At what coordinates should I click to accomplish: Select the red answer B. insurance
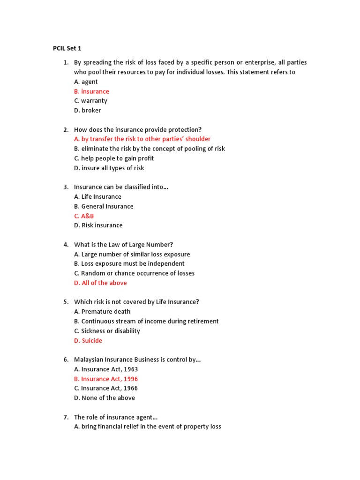click(x=91, y=91)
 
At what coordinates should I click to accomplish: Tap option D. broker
click(x=87, y=111)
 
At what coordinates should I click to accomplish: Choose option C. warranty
click(x=90, y=101)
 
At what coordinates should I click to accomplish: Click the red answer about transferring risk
click(x=142, y=139)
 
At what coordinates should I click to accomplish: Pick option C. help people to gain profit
click(x=114, y=158)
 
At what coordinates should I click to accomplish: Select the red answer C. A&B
click(x=84, y=216)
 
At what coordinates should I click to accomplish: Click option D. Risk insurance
click(x=98, y=225)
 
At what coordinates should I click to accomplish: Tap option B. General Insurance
click(x=104, y=206)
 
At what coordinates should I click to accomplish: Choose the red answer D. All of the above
click(x=100, y=283)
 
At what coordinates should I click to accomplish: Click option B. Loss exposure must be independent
click(x=129, y=264)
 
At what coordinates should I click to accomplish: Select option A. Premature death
click(x=102, y=312)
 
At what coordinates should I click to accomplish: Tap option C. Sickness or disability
click(x=107, y=331)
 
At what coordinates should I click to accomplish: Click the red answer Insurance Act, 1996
click(x=106, y=379)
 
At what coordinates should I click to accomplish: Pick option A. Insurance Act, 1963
click(x=106, y=369)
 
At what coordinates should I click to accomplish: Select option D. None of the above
click(x=104, y=398)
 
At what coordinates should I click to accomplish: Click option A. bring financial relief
click(x=147, y=427)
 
